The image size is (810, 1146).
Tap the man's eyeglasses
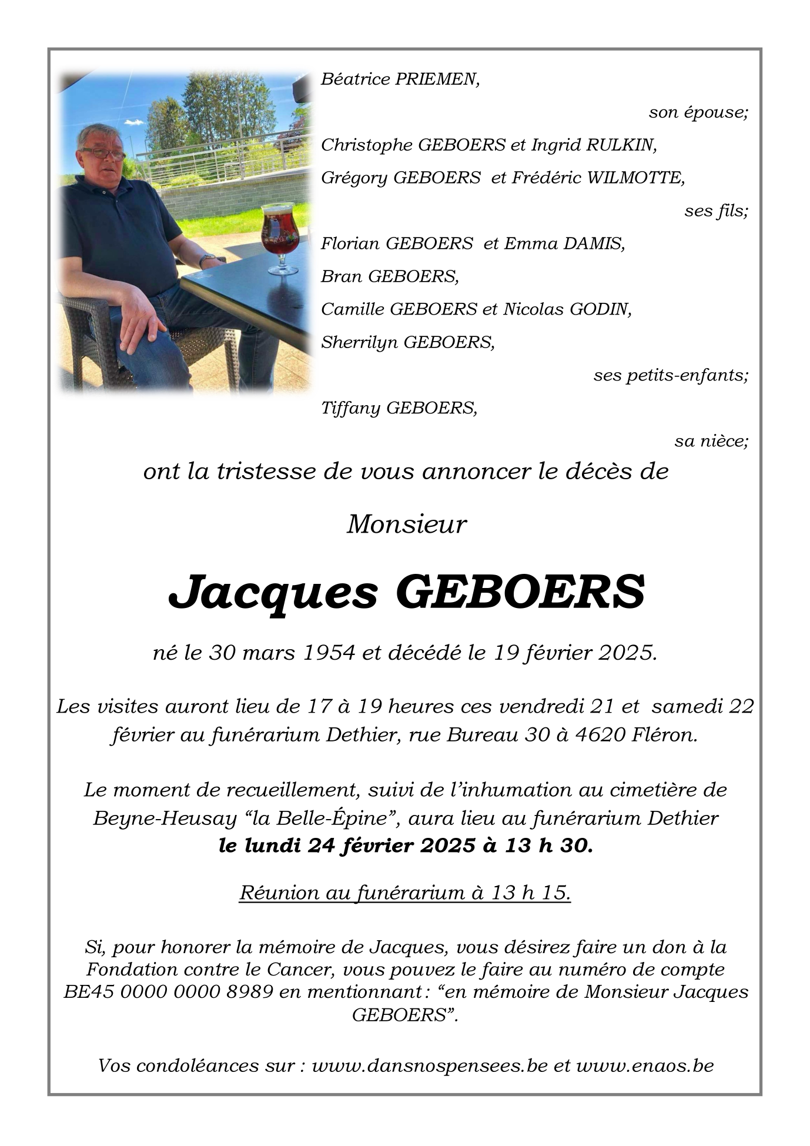[x=102, y=153]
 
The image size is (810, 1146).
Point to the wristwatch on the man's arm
[x=206, y=259]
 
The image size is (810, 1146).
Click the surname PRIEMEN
[x=437, y=79]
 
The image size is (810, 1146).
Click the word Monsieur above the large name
[x=406, y=524]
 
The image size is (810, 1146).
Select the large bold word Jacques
[x=273, y=592]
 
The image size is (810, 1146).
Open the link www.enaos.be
[x=645, y=1065]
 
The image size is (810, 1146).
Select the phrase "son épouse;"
[x=698, y=112]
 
